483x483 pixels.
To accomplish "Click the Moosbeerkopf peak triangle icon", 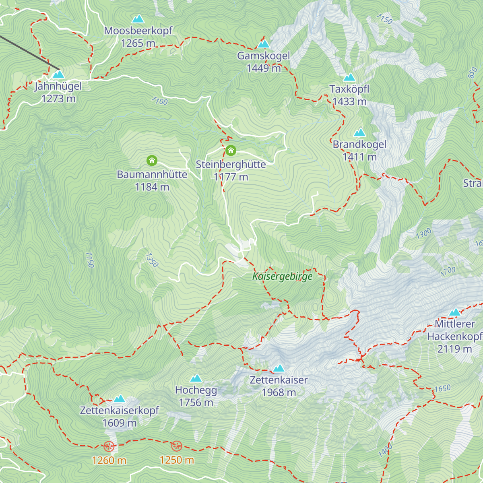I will [138, 19].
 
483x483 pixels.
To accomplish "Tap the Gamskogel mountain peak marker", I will [264, 43].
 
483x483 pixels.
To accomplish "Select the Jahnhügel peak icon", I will [58, 74].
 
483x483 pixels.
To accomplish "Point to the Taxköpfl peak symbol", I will [349, 77].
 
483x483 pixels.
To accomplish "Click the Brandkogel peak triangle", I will [359, 132].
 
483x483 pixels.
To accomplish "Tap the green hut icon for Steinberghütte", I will [231, 151].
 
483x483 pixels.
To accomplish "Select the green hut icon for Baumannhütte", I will [152, 161].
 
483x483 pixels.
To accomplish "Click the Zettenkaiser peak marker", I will [279, 368].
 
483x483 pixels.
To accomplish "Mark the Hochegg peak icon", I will [196, 378].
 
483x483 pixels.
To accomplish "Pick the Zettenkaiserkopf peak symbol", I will [119, 399].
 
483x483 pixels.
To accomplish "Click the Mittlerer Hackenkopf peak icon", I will [455, 312].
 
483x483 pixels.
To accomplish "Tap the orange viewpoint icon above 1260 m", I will [109, 446].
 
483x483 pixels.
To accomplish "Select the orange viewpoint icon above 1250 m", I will [177, 446].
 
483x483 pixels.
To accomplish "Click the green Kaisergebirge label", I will [282, 277].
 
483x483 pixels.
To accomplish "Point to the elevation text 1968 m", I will [279, 392].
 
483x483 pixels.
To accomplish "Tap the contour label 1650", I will [442, 388].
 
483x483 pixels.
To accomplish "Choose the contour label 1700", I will [448, 271].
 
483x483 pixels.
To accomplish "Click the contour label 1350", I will [152, 260].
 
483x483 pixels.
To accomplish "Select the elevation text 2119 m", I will [454, 349].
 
